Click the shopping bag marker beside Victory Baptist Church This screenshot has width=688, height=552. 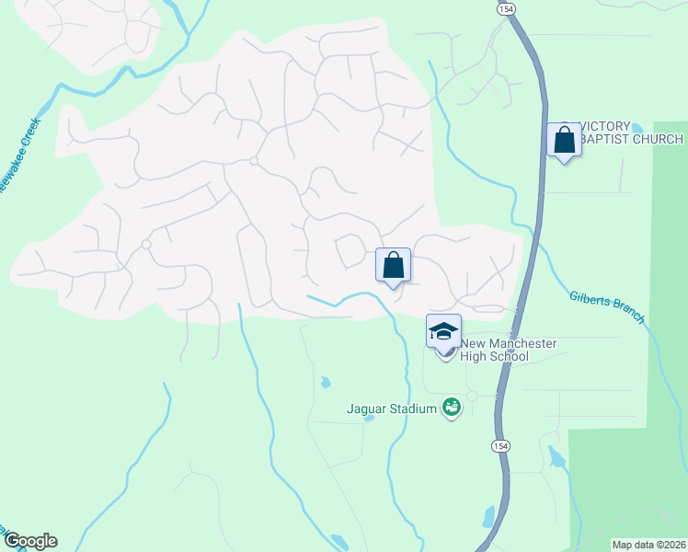point(564,141)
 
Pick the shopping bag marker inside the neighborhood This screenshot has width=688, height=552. point(393,266)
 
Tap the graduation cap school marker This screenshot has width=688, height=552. point(443,331)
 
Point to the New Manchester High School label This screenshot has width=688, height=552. point(508,350)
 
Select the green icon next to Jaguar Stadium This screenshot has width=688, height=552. point(451,407)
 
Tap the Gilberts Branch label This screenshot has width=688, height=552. point(607,305)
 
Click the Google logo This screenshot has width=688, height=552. point(29,541)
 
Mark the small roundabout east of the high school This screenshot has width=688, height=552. point(471,396)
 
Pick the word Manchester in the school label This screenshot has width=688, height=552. point(523,343)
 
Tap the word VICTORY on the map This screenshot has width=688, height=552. point(605,126)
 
